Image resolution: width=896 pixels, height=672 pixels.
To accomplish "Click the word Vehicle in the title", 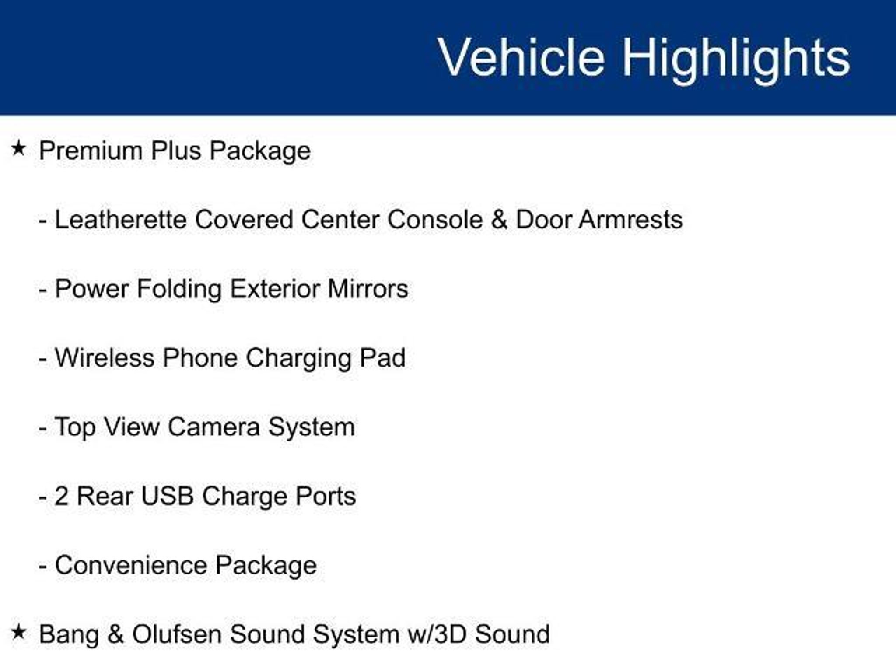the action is [521, 57].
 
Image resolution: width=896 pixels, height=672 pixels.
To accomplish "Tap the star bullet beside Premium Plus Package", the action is [18, 148].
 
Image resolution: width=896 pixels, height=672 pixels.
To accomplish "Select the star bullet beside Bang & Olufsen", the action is [18, 632].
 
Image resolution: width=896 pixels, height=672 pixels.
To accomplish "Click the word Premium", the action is [91, 150].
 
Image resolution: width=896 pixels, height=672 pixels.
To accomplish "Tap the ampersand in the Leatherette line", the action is [498, 219].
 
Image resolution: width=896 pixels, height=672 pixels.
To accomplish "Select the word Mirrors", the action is [367, 289].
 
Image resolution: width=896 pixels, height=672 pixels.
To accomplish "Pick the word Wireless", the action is [105, 358].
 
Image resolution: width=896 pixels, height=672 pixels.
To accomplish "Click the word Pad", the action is [382, 358].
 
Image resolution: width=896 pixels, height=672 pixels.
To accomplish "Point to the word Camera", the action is [213, 427].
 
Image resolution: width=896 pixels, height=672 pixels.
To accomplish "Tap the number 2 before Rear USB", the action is [61, 496].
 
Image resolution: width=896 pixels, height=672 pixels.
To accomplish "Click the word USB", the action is [167, 496].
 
